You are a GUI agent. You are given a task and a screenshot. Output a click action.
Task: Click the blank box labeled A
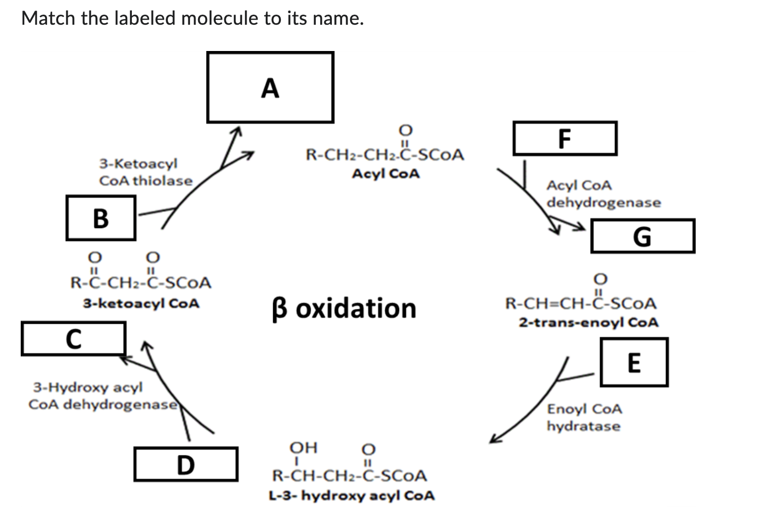[270, 87]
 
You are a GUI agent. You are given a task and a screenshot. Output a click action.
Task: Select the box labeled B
[101, 218]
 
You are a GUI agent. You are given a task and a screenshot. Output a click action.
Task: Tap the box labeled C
[74, 339]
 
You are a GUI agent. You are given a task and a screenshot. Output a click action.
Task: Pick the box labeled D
[186, 465]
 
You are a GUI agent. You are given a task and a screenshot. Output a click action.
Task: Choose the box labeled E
[635, 362]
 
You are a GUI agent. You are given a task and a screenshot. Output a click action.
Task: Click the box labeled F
[565, 138]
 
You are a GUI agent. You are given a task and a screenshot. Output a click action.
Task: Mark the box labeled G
[643, 236]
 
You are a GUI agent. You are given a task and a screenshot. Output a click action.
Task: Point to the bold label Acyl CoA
[386, 173]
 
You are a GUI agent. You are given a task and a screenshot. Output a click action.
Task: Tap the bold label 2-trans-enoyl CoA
[589, 322]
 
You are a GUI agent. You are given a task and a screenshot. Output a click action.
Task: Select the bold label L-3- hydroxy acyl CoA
[352, 495]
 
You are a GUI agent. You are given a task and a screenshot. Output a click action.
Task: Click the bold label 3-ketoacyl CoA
[141, 303]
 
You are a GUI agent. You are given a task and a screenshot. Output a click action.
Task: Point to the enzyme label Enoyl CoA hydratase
[585, 418]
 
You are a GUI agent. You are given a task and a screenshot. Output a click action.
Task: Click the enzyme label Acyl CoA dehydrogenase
[604, 194]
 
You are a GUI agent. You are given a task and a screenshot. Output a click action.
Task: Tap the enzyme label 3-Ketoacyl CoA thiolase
[145, 172]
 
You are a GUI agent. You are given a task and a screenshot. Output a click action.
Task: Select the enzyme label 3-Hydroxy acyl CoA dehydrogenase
[103, 395]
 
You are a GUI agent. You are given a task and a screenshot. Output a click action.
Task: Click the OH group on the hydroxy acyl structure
[304, 447]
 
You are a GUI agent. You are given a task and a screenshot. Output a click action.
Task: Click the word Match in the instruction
[48, 18]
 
